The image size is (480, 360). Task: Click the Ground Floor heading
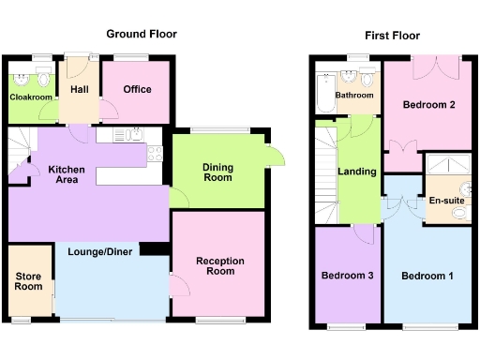(x=141, y=34)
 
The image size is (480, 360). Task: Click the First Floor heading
(x=393, y=35)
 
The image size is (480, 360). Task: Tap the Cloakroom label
(x=31, y=97)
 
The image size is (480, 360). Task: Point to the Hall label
(x=80, y=90)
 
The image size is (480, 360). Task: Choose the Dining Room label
(x=217, y=172)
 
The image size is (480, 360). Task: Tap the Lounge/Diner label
(x=106, y=250)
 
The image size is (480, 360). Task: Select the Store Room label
(x=29, y=281)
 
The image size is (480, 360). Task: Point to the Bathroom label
(x=355, y=95)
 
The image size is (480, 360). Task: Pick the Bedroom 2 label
(x=429, y=104)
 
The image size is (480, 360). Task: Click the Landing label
(x=357, y=172)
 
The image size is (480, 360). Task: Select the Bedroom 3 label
(x=347, y=276)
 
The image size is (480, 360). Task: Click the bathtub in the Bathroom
(x=325, y=95)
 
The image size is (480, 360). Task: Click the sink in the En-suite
(x=460, y=214)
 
